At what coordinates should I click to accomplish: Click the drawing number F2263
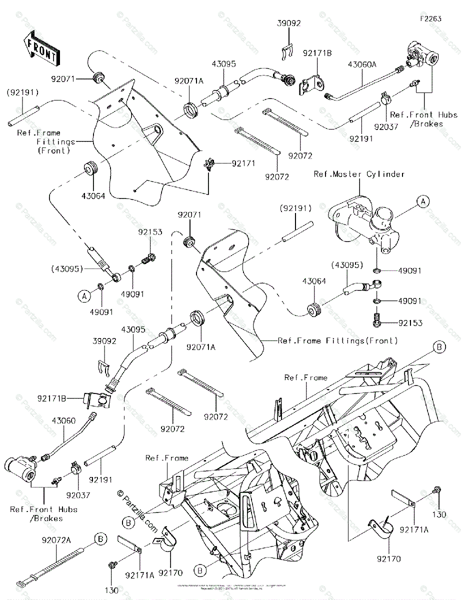tap(430, 18)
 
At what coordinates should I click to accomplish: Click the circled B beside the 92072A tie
tap(101, 539)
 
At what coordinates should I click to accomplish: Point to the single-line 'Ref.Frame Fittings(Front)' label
tap(338, 340)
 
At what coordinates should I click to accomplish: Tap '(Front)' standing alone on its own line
tap(54, 150)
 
